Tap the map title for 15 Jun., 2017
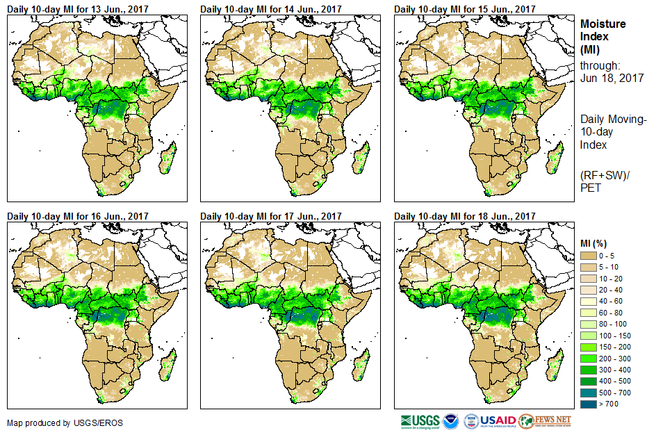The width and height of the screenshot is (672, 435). [466, 9]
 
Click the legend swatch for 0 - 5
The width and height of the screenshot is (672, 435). [589, 256]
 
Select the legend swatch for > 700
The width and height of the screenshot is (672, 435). [589, 404]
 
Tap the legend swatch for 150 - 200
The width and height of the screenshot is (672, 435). [589, 346]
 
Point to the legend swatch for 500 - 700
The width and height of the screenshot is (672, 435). [589, 393]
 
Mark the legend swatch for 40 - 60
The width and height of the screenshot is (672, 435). [589, 302]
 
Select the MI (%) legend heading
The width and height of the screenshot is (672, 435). [596, 243]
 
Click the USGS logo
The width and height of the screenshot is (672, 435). [420, 421]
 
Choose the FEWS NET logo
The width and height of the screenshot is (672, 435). [545, 421]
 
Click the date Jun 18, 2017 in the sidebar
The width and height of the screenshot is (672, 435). [612, 78]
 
